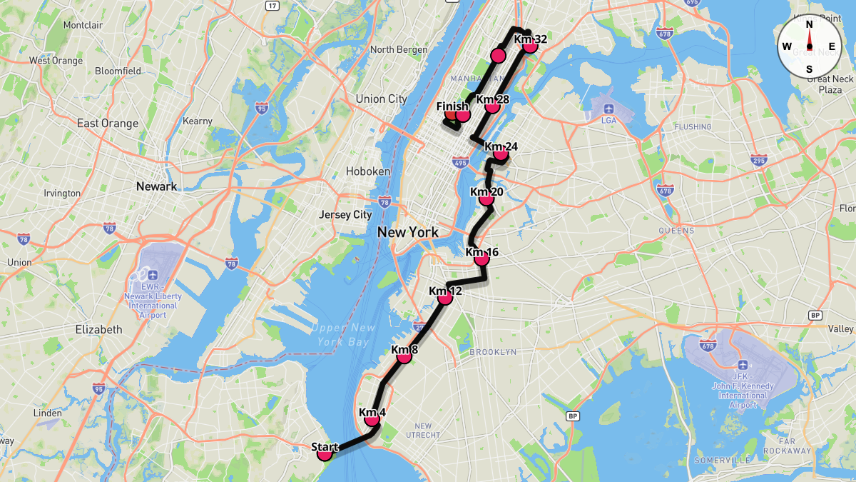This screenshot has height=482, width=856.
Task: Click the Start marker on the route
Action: point(325,452)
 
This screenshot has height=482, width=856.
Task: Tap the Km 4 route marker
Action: point(372,418)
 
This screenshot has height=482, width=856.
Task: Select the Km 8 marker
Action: point(404,355)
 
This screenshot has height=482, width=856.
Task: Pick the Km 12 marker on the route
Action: point(445,296)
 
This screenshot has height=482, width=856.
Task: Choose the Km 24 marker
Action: point(501,153)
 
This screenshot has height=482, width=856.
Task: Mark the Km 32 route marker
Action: point(530,45)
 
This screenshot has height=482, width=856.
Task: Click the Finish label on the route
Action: point(452,107)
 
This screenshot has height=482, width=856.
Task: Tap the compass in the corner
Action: point(809,46)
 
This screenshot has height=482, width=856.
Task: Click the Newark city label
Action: point(156,186)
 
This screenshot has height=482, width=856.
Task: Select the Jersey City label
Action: point(345,214)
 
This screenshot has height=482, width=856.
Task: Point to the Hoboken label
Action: point(367,171)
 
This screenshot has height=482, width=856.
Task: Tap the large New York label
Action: point(407,232)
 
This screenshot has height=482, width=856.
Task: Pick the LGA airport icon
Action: point(608,109)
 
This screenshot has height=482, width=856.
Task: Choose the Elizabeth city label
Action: point(98,330)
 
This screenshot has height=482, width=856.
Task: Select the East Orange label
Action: point(107,124)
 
